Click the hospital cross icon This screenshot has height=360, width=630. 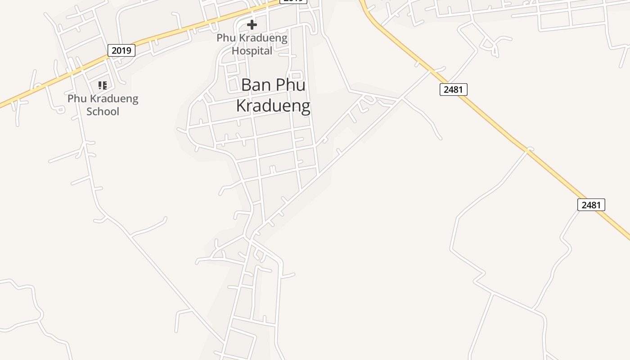click(252, 24)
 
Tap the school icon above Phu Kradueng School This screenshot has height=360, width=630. click(103, 85)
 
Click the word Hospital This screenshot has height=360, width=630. click(252, 51)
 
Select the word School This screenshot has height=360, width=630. click(103, 111)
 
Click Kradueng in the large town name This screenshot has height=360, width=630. click(273, 106)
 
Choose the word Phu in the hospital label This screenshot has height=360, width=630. click(225, 38)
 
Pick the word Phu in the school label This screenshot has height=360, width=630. click(76, 98)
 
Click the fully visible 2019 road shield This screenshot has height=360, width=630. click(121, 50)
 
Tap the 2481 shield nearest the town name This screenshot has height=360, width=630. click(453, 89)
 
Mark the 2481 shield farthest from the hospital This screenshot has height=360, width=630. click(591, 205)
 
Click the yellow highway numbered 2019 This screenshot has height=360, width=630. click(180, 32)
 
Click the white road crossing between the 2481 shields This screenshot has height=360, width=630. click(529, 149)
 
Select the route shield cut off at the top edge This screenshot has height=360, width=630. click(293, 1)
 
